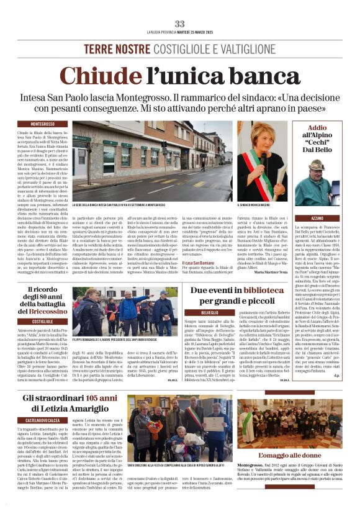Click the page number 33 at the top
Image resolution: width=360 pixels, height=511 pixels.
click(179, 24)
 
